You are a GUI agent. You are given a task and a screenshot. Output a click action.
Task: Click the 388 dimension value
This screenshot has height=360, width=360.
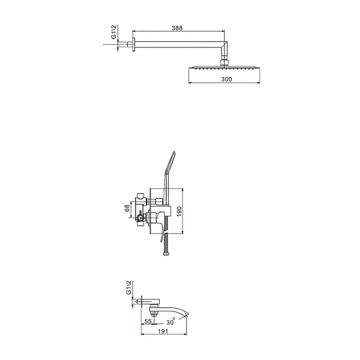point(177,28)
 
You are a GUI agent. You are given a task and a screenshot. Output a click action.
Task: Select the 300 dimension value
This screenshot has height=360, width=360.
point(227,79)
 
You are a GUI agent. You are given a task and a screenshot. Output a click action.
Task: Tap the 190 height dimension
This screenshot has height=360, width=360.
point(179,211)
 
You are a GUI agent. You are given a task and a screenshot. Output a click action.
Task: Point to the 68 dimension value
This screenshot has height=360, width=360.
point(127,208)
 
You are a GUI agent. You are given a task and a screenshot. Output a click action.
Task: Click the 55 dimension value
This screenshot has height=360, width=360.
point(148,321)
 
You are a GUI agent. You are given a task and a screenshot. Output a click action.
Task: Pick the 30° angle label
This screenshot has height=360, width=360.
point(171,321)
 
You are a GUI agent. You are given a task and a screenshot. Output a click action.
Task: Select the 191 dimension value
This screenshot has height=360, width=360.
point(162,331)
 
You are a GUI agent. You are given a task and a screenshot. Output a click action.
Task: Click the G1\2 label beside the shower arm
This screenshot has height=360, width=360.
point(114,32)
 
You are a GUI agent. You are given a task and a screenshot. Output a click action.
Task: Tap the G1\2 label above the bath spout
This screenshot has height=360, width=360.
point(129,287)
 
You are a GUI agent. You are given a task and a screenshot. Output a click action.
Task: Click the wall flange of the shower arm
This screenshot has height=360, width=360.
point(134,44)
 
